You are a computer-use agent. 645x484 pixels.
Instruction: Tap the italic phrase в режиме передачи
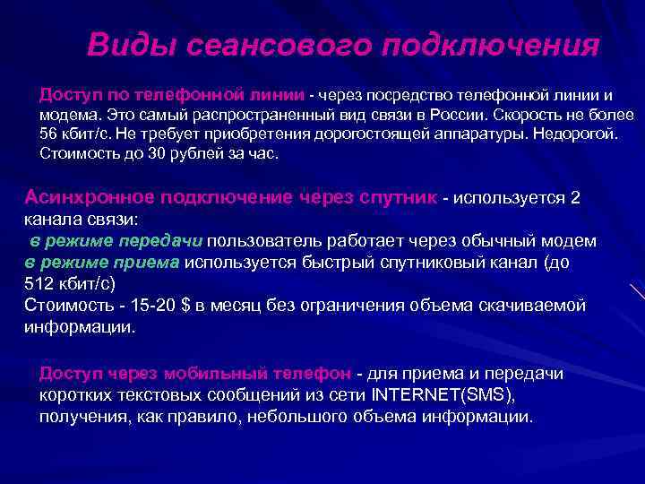coord(116,241)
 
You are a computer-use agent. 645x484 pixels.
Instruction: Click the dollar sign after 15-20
coord(185,307)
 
